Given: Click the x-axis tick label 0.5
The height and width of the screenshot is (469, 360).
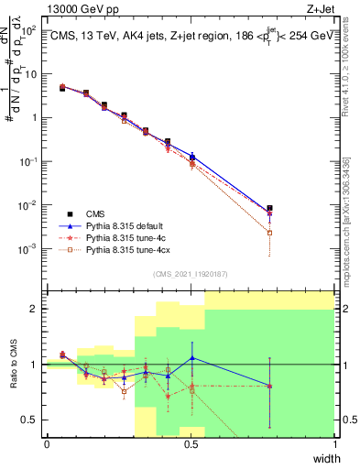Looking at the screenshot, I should click(x=191, y=444).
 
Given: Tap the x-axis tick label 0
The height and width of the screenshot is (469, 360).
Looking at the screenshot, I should click(x=47, y=444).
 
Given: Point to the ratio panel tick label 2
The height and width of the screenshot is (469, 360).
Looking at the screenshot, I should click(x=36, y=309).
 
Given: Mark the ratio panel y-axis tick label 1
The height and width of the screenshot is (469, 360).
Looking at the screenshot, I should click(x=36, y=365).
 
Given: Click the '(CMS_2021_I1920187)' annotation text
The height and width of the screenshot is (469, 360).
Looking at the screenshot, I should click(x=191, y=273).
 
